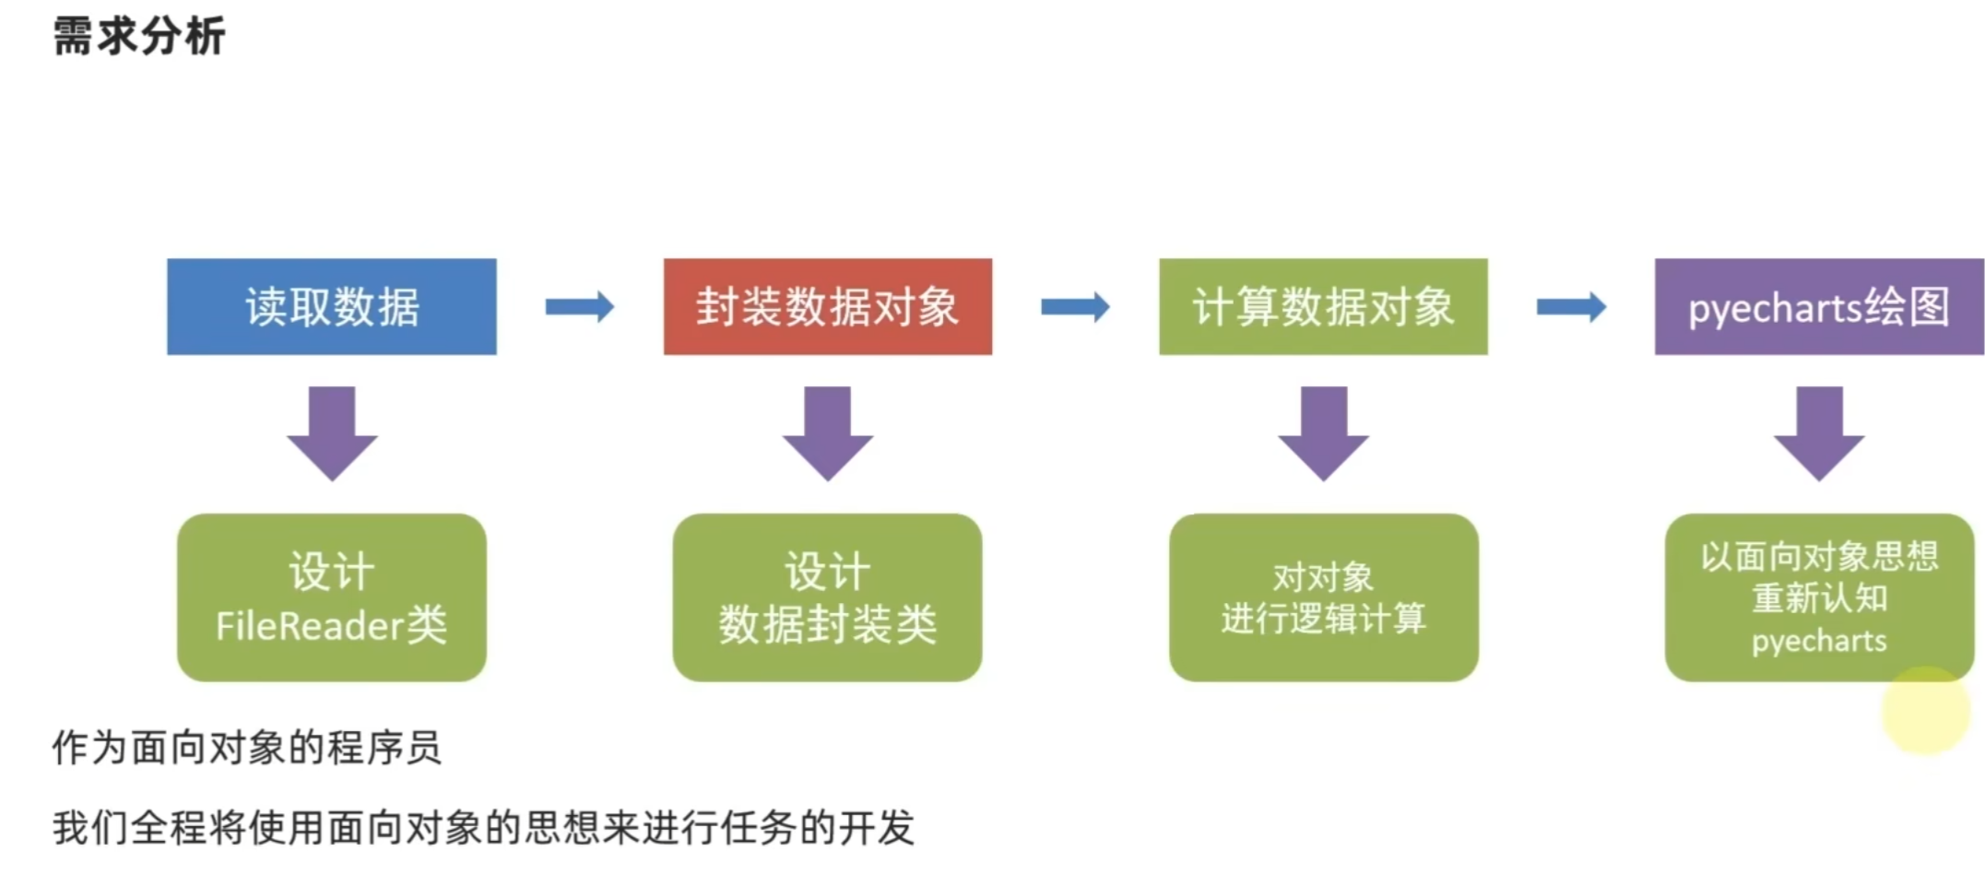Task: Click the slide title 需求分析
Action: (x=139, y=37)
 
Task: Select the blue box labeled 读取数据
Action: (x=332, y=307)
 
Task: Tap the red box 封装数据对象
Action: (x=827, y=307)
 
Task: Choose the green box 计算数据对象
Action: (x=1323, y=307)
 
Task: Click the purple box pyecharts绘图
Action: (x=1818, y=307)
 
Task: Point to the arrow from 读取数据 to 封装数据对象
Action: (x=579, y=307)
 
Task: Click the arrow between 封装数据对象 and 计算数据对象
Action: (x=1075, y=307)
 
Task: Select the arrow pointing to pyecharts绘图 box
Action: (x=1571, y=307)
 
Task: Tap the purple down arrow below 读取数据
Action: (x=332, y=432)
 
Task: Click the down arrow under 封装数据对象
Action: (x=827, y=432)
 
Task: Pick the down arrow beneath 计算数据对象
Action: (x=1323, y=432)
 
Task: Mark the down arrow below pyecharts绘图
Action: (x=1818, y=432)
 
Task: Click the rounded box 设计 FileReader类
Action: (x=332, y=597)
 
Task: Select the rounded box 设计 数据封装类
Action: (x=827, y=597)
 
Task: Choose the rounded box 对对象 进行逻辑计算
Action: (x=1323, y=597)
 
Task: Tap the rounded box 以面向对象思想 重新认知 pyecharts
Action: (x=1818, y=597)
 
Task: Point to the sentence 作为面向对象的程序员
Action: (x=247, y=747)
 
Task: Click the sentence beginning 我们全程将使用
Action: (x=483, y=827)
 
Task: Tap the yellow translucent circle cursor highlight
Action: (x=1926, y=711)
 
